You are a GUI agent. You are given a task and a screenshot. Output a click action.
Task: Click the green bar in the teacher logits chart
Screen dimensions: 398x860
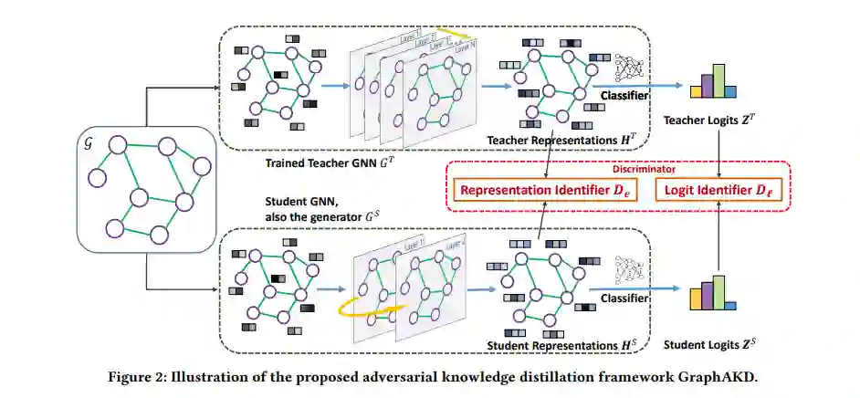pos(718,79)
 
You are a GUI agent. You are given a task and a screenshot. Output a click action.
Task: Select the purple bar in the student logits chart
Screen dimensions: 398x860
pos(705,293)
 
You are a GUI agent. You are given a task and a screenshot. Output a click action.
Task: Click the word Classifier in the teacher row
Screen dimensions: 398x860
pos(626,95)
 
